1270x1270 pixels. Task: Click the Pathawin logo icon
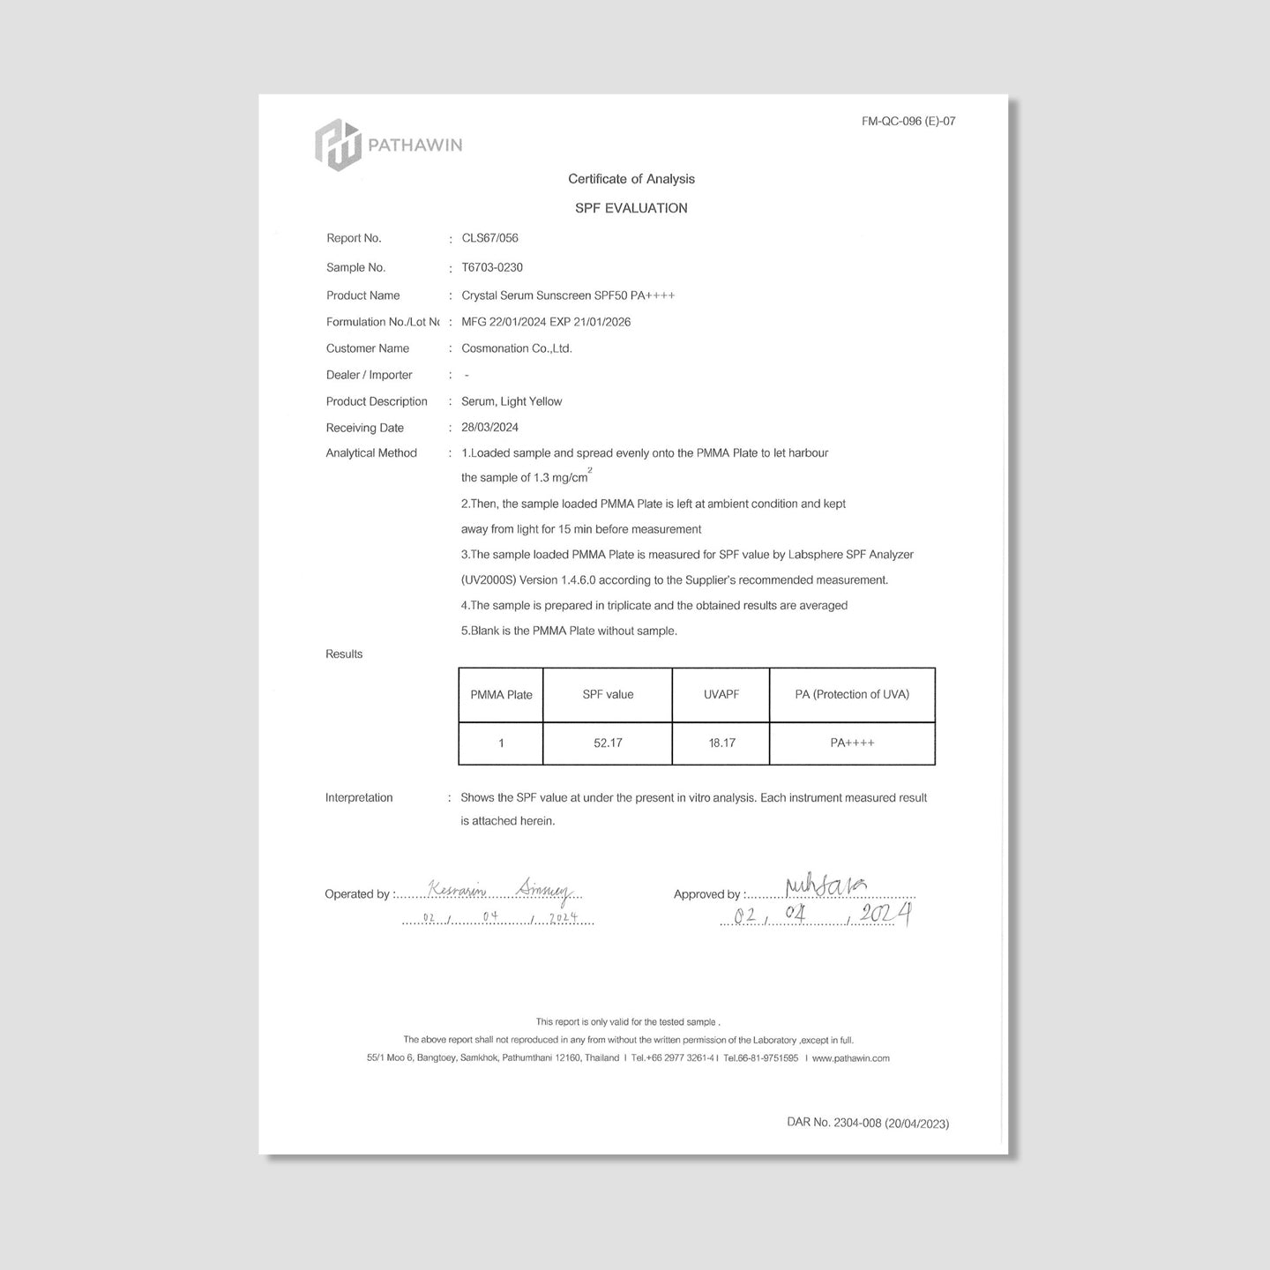pos(338,144)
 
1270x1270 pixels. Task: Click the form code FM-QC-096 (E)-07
pos(908,122)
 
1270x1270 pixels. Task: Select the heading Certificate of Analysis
pos(631,179)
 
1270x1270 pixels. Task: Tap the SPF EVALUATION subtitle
pos(631,208)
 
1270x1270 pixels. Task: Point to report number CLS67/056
pos(489,238)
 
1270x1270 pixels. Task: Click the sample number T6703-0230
pos(492,267)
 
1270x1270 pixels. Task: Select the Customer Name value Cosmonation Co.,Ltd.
pos(517,348)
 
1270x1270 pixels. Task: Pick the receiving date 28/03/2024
pos(489,428)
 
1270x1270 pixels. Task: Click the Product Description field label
pos(377,401)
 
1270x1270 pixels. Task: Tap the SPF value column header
pos(608,695)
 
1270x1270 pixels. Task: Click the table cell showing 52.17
pos(608,743)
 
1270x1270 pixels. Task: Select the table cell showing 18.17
pos(721,743)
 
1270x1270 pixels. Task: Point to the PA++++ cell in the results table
pos(852,743)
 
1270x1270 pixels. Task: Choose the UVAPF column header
pos(721,695)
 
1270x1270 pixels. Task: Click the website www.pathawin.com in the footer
pos(850,1058)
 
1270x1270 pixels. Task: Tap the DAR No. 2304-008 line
pos(868,1123)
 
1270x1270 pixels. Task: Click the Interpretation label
pos(359,798)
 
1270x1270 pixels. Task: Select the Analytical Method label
pos(371,453)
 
